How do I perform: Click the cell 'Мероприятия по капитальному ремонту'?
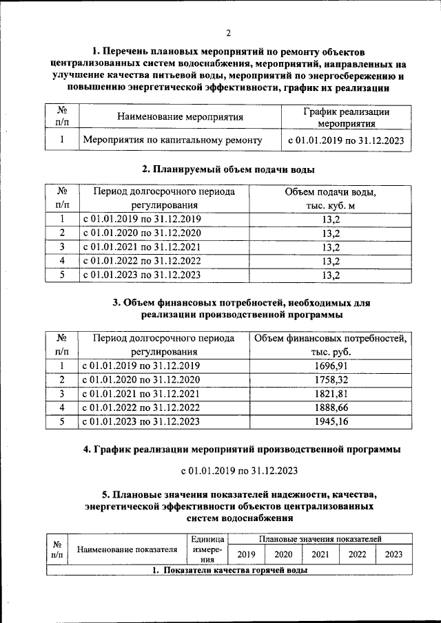pyautogui.click(x=172, y=140)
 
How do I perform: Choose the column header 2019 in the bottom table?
pyautogui.click(x=246, y=554)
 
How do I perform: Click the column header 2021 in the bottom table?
pyautogui.click(x=320, y=554)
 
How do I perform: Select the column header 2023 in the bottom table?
pyautogui.click(x=393, y=554)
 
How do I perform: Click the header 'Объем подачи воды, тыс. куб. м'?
pyautogui.click(x=331, y=198)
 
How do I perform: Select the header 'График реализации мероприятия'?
pyautogui.click(x=347, y=118)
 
